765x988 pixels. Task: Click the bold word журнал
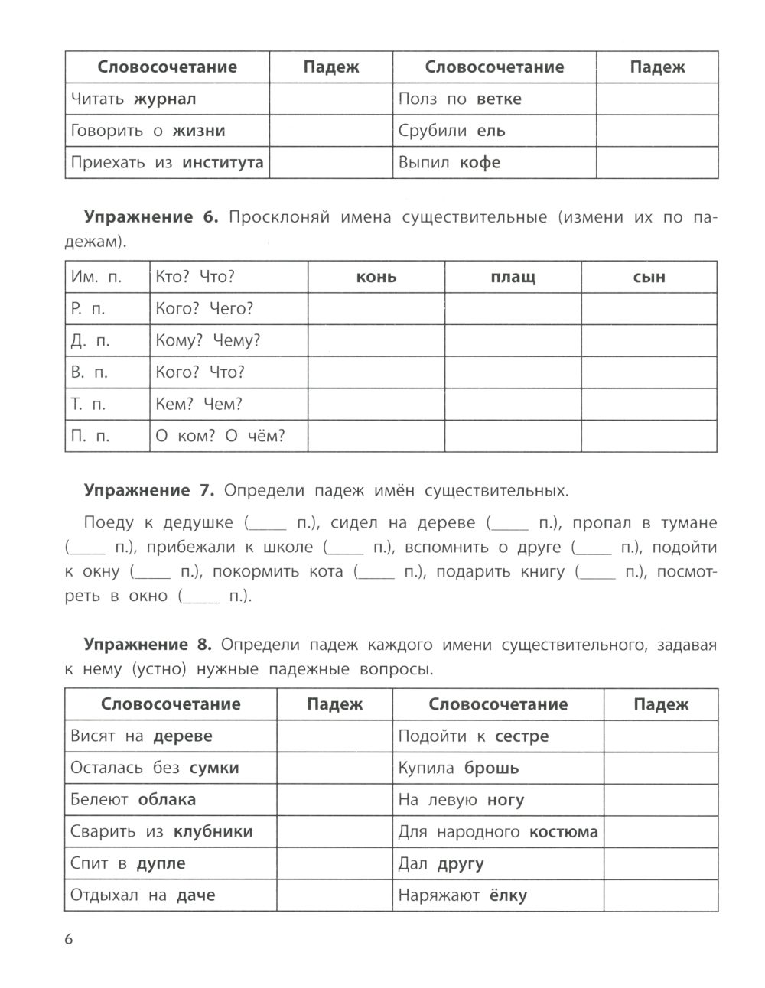pos(164,99)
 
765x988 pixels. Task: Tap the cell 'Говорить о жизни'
pos(148,131)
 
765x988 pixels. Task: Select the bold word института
pos(223,163)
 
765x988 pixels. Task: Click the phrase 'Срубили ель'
pos(451,131)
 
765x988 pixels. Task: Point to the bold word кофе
pos(480,163)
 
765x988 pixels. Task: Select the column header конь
pos(376,277)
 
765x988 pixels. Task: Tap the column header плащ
pos(513,277)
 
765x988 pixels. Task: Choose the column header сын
pos(649,277)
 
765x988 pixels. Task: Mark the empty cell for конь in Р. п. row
pos(376,309)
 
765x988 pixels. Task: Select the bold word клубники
pos(213,832)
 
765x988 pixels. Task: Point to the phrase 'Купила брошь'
pos(458,769)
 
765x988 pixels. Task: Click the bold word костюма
pos(563,832)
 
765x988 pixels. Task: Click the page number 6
pos(69,939)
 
